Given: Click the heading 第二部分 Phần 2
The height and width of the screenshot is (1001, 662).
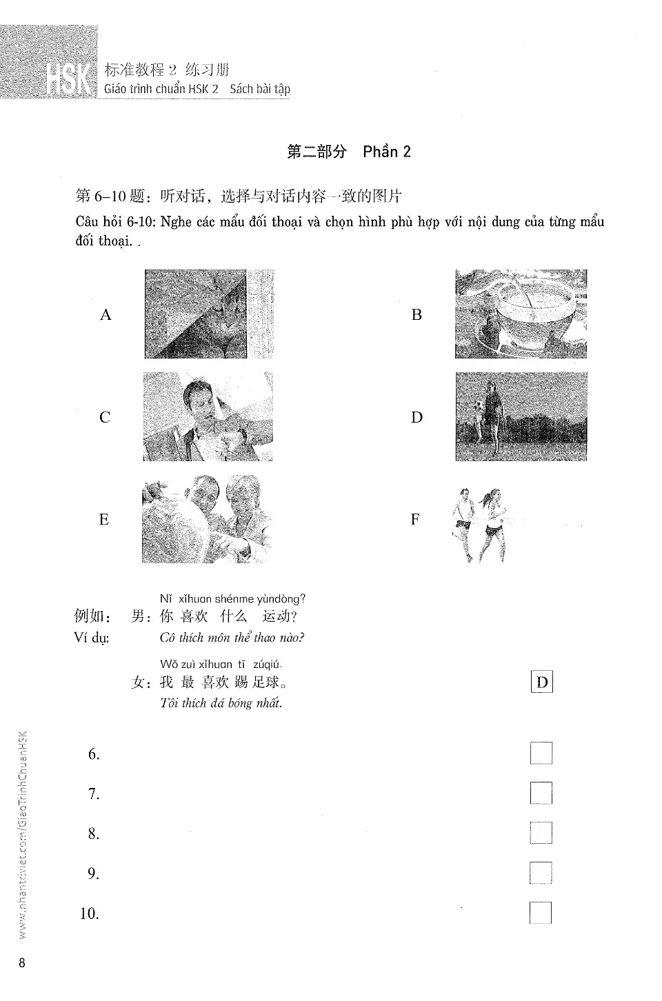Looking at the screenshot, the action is coord(348,152).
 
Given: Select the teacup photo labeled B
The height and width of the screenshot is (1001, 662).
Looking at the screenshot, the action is coord(521,314).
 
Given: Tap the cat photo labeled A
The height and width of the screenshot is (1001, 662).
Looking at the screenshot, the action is coord(196,314).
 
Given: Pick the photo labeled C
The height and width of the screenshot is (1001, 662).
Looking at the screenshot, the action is coord(208,416).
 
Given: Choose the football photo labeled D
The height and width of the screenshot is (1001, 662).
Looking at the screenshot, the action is coord(521,416).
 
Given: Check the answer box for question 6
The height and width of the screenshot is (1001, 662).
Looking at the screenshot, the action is coord(541,754).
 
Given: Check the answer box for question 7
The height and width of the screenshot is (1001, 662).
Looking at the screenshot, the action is coord(541,793).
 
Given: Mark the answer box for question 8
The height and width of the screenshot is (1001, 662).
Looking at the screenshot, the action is coord(541,833).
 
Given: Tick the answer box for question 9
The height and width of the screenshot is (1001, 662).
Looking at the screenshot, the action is coord(541,873).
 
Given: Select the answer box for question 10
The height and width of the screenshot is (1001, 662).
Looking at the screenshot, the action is coord(541,913).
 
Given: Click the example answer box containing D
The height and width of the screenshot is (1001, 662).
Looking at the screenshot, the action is coord(542,682).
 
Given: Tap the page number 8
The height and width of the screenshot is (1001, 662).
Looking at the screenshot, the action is coord(22,963).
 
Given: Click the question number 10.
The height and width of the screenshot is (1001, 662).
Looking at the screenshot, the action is coord(90,914).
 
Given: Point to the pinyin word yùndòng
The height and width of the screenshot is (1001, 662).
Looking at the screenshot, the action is coord(280,599).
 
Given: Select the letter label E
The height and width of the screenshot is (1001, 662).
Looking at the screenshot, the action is coord(104,520).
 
